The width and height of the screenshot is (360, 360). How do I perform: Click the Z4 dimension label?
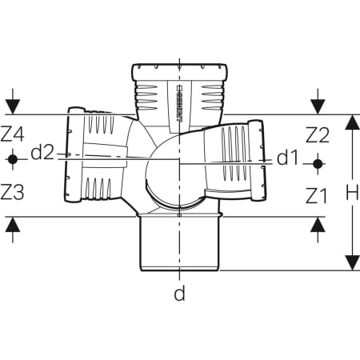pyautogui.click(x=12, y=134)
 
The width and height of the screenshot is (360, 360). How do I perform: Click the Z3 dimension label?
pyautogui.click(x=12, y=192)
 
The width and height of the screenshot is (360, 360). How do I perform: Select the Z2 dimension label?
pyautogui.click(x=318, y=135)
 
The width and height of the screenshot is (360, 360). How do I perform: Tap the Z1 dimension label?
pyautogui.click(x=316, y=196)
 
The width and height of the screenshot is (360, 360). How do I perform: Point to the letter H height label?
pyautogui.click(x=352, y=193)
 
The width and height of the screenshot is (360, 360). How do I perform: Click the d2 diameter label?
pyautogui.click(x=42, y=153)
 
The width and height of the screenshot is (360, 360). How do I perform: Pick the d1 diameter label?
pyautogui.click(x=287, y=158)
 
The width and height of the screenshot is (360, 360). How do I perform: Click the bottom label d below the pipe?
pyautogui.click(x=179, y=294)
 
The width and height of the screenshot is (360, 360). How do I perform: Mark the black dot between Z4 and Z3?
pyautogui.click(x=13, y=159)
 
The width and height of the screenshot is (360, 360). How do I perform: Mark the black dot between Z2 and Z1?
pyautogui.click(x=318, y=164)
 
